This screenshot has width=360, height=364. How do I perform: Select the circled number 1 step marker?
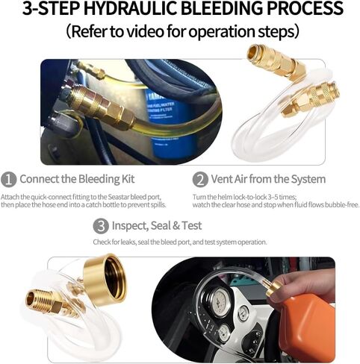click(x=8, y=180)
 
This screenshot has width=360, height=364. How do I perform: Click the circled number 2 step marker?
click(x=200, y=180)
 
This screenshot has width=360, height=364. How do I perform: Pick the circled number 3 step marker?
click(x=101, y=226)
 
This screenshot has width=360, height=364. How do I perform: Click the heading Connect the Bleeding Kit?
click(x=77, y=179)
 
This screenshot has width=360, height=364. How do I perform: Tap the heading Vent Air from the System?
click(x=268, y=179)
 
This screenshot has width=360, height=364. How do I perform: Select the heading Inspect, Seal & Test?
click(x=157, y=226)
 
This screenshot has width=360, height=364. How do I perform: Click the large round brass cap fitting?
click(x=105, y=280)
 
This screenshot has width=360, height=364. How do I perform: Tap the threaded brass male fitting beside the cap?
click(x=44, y=301)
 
